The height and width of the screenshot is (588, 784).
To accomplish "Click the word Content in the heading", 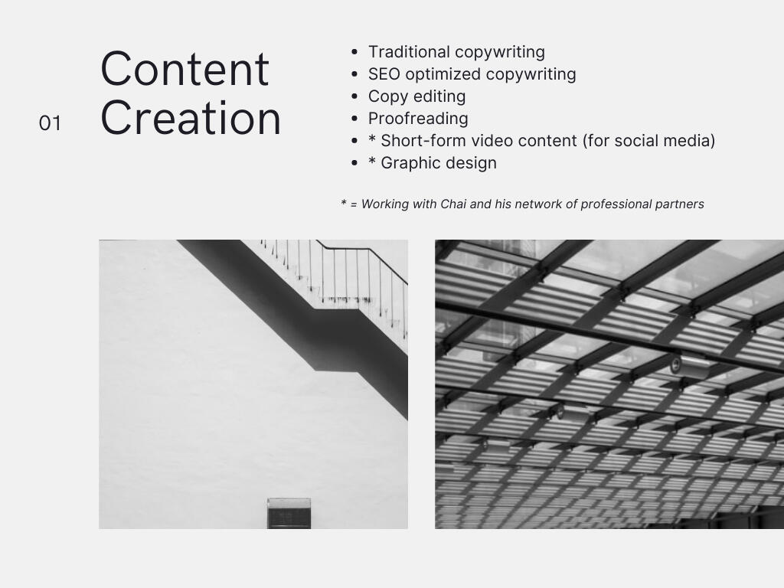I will coord(185,69).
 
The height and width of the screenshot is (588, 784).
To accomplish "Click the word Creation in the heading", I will coord(191,119).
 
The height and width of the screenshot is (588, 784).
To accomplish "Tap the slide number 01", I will coord(50,123).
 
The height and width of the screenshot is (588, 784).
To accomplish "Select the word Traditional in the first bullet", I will coord(409,52).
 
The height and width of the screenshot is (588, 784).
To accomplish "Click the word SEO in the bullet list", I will coord(384,74).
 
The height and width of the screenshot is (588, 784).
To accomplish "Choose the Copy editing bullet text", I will coord(416,96).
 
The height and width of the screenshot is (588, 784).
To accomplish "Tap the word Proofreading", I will coord(418,119).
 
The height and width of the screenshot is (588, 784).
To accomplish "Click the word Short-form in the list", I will coord(423,141).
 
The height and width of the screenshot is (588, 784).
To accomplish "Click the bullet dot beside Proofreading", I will coord(354,119).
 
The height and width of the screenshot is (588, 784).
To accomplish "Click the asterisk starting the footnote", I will coord(344,204).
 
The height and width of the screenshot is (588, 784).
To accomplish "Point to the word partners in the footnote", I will coord(680,204).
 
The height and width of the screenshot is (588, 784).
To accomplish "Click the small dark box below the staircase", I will coord(289,512).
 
